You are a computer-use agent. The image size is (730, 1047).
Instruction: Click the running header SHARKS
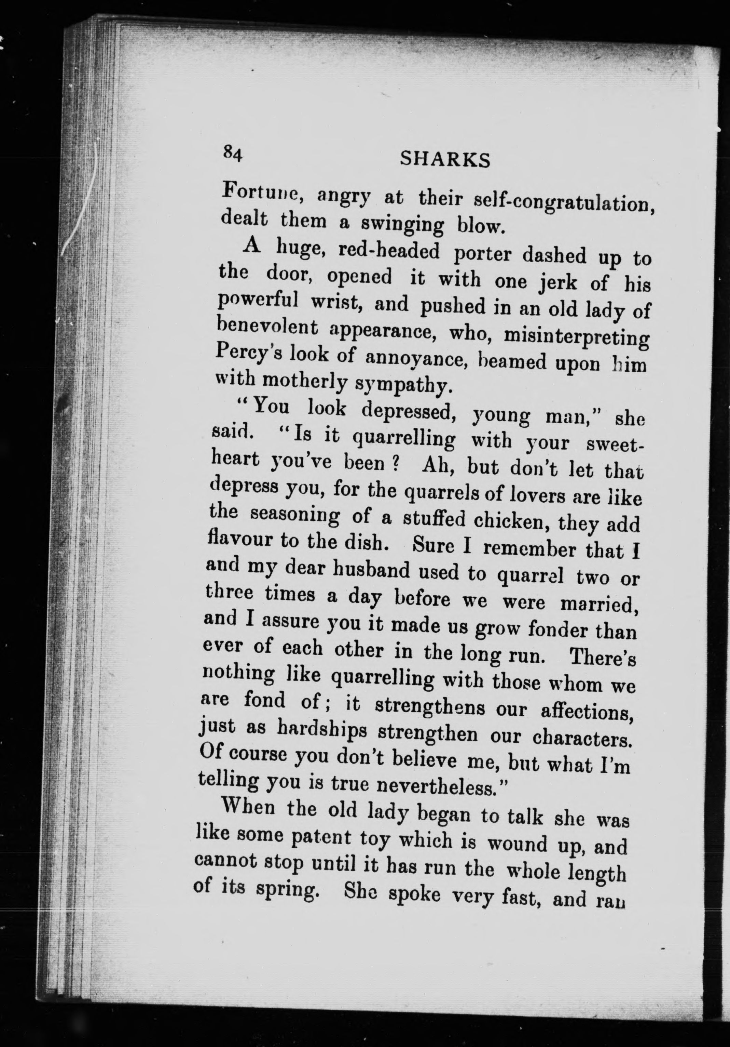pyautogui.click(x=445, y=160)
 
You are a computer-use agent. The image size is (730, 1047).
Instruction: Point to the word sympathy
pyautogui.click(x=404, y=385)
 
